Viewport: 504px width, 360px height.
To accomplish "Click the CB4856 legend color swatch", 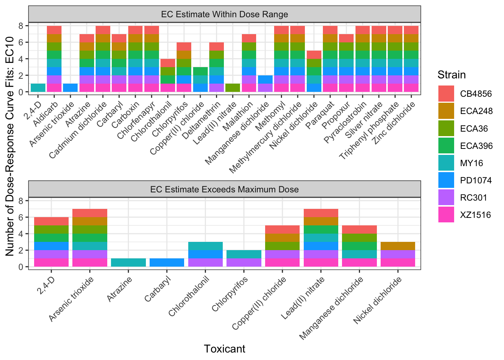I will pos(446,94).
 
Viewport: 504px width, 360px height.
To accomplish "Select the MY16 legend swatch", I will pos(446,163).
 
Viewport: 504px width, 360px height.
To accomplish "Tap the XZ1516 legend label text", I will pos(475,215).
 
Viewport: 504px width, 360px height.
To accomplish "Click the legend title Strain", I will pos(451,75).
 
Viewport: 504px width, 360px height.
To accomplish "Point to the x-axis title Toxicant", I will pos(225,349).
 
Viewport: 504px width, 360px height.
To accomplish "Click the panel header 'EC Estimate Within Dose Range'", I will pos(225,15).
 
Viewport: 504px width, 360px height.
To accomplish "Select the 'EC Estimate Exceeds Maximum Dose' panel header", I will pos(225,189).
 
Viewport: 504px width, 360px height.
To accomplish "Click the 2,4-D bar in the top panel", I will pos(38,88).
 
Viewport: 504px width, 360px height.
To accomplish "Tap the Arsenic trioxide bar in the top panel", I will pos(70,88).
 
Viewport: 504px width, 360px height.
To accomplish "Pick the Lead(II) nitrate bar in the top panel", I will pos(233,88).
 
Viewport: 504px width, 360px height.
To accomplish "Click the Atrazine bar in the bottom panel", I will pos(128,262).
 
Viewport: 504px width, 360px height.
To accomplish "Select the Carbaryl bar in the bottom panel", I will pos(167,262).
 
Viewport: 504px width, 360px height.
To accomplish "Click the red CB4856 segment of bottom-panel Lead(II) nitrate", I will pos(321,213).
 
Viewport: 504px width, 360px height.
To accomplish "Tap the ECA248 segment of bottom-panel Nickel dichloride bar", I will pos(398,246).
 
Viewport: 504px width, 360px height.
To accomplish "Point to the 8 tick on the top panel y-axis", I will pos(21,26).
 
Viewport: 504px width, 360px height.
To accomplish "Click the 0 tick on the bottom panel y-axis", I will pos(21,267).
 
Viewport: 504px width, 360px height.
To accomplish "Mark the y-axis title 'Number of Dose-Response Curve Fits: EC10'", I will pos(10,146).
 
